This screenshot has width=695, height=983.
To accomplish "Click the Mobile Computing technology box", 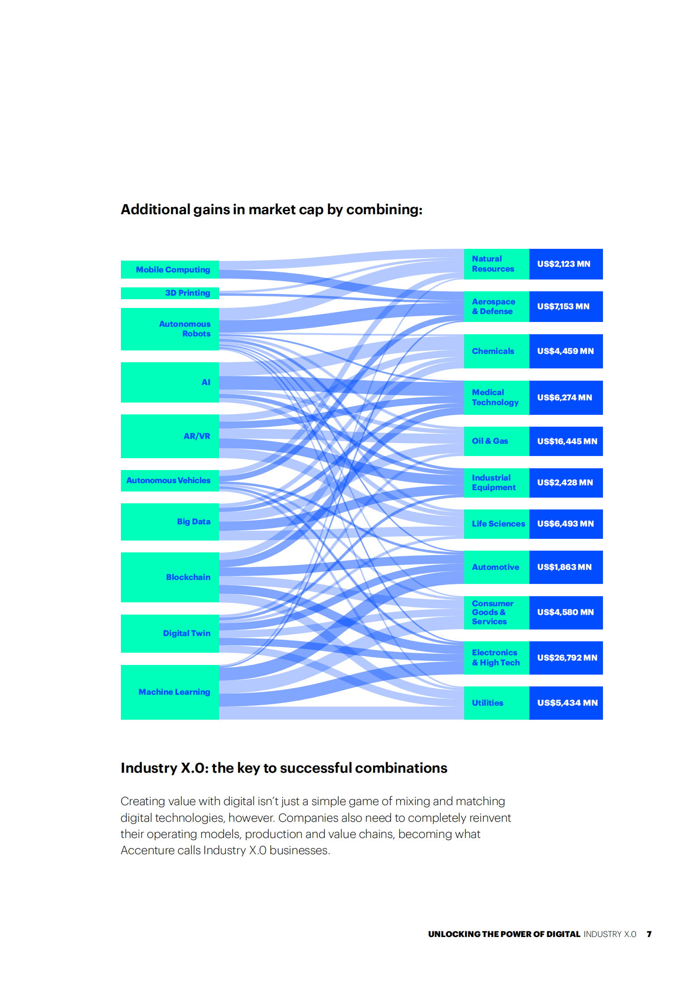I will coord(173,270).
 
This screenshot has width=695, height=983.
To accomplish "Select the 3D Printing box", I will coord(187,293).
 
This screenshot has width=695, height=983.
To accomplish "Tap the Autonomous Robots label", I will coord(184,329).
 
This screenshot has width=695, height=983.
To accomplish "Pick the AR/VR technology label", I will coord(197,436).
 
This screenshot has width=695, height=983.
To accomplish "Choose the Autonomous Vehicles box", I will coord(169,481).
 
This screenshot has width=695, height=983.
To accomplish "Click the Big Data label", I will coord(194,522).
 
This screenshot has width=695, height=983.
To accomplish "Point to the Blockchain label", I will coord(188,577).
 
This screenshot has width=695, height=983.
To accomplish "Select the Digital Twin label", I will coord(186,633).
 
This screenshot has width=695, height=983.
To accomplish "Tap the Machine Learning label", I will coord(174,692).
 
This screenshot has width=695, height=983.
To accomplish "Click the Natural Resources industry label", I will coord(493,264).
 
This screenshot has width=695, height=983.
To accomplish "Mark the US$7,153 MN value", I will coord(563,307).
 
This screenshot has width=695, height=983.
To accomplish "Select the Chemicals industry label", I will coord(493,351).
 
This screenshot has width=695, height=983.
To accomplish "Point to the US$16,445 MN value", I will coord(567,442).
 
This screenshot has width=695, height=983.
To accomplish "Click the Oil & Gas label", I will coord(489,441).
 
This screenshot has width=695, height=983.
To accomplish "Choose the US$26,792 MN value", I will coord(567,658).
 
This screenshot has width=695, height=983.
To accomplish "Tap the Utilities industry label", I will coord(487,703).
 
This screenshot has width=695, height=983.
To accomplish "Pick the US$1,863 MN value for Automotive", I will coord(564,567).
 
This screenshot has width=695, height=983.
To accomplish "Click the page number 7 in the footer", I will coord(649,934).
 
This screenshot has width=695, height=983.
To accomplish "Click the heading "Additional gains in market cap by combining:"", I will coord(271,210).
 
